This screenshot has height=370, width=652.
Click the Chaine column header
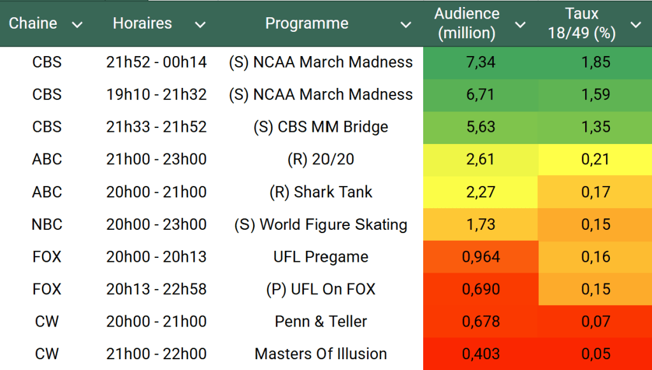33,24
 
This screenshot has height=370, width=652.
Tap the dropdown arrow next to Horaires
200,25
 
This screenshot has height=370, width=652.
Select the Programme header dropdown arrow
405,25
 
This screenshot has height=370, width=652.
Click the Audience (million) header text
467,24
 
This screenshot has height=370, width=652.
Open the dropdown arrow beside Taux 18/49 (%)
635,25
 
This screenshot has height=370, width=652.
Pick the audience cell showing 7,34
481,62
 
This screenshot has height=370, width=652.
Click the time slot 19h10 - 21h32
156,95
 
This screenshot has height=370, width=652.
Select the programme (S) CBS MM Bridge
321,127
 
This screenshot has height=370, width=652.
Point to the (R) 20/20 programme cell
321,160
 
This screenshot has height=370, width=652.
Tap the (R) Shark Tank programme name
321,192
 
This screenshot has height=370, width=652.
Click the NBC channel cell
47,225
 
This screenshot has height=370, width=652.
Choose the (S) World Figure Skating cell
321,225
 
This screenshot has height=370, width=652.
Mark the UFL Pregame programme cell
321,257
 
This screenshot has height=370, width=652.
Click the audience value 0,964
481,257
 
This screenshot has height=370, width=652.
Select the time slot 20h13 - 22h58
156,290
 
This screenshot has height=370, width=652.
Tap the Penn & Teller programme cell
321,322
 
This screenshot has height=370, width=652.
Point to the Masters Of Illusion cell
321,354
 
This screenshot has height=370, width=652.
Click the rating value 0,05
595,354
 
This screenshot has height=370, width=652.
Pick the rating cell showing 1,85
595,62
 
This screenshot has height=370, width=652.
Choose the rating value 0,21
595,160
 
